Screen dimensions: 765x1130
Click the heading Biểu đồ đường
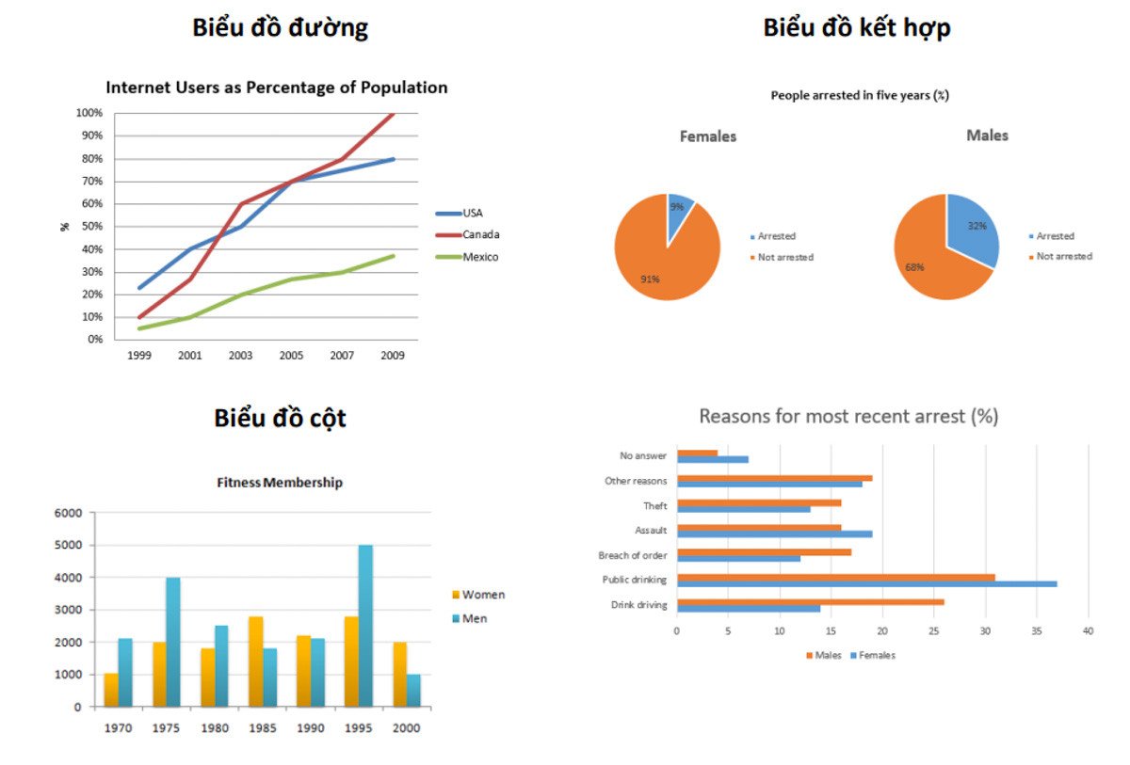(280, 28)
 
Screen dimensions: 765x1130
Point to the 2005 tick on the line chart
(290, 357)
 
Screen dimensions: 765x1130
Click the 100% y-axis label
(89, 113)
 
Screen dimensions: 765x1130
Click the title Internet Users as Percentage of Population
(276, 88)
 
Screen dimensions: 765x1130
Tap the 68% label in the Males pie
(914, 267)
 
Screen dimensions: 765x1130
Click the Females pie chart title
(708, 136)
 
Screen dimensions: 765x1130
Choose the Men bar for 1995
(364, 625)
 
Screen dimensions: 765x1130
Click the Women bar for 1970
(111, 690)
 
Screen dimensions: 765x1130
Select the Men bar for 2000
(412, 690)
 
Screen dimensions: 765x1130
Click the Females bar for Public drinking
(866, 584)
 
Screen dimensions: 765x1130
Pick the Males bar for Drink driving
(810, 601)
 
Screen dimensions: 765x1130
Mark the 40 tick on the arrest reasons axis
(1088, 631)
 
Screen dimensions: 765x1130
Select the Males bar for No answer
(697, 453)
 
